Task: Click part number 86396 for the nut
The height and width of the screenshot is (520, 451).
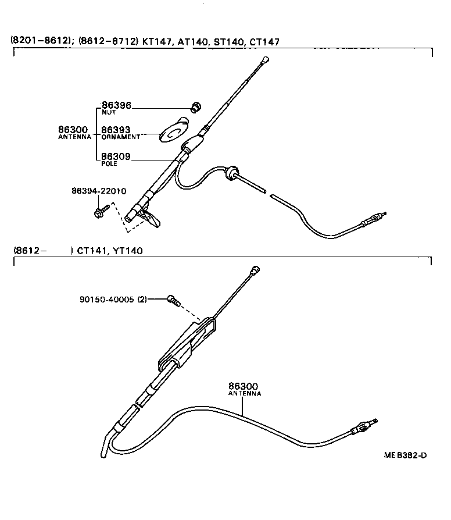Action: pyautogui.click(x=116, y=106)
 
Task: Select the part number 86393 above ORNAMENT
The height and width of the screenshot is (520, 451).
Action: pyautogui.click(x=116, y=130)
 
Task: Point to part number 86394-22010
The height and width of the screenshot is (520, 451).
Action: pyautogui.click(x=99, y=191)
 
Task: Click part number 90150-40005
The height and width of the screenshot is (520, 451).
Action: pyautogui.click(x=107, y=300)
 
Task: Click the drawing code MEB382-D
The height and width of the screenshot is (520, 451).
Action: pyautogui.click(x=405, y=455)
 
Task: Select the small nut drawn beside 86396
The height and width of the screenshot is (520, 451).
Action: pyautogui.click(x=196, y=106)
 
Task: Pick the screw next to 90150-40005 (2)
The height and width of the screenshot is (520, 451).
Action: pyautogui.click(x=172, y=300)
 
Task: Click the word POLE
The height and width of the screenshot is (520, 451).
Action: pyautogui.click(x=109, y=164)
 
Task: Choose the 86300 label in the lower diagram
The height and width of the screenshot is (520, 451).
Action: pyautogui.click(x=243, y=386)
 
